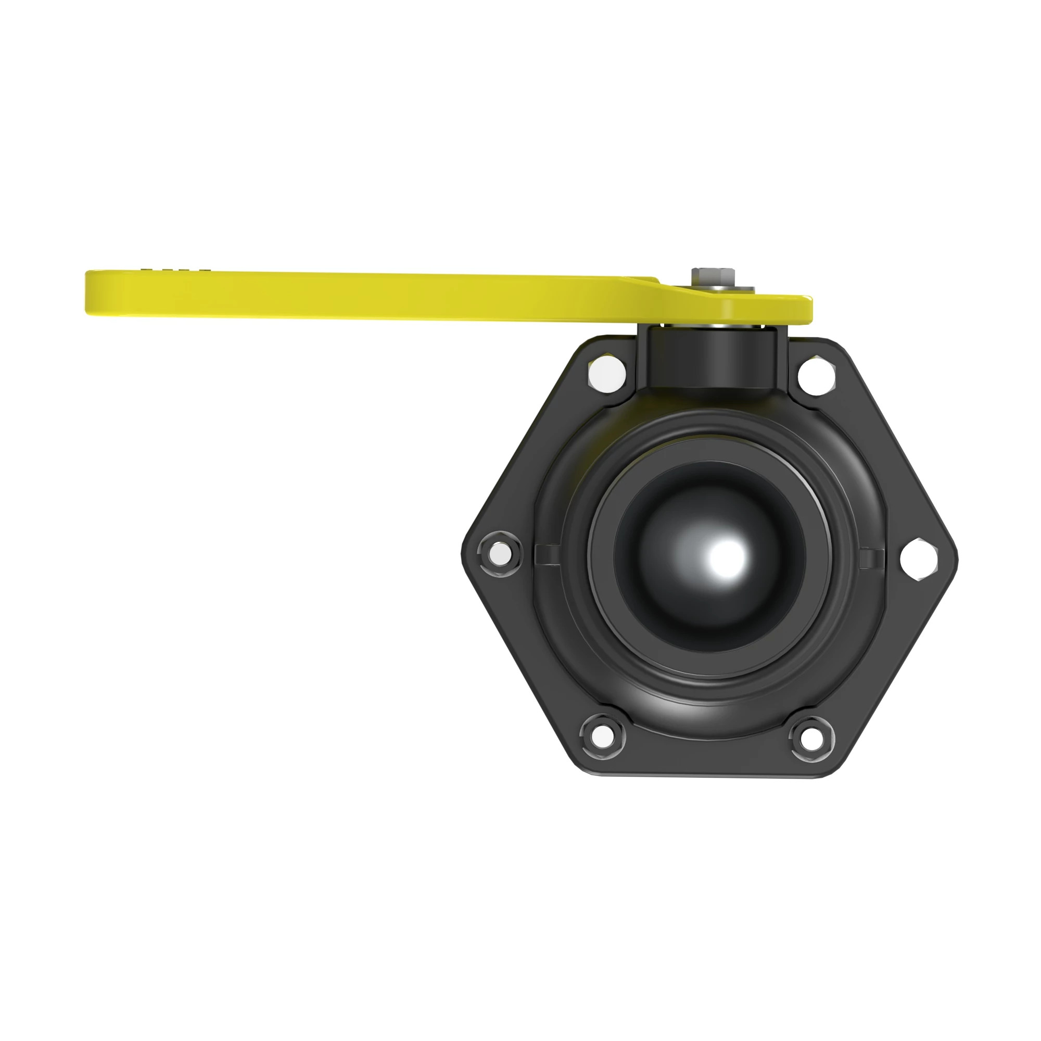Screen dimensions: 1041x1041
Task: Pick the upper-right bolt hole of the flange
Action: click(x=816, y=376)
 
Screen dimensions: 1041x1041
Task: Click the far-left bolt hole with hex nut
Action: click(x=500, y=553)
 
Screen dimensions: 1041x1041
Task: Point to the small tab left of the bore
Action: click(x=547, y=554)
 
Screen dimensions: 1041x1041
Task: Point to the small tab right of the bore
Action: click(x=871, y=557)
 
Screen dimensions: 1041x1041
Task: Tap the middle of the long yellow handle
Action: click(x=372, y=295)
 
